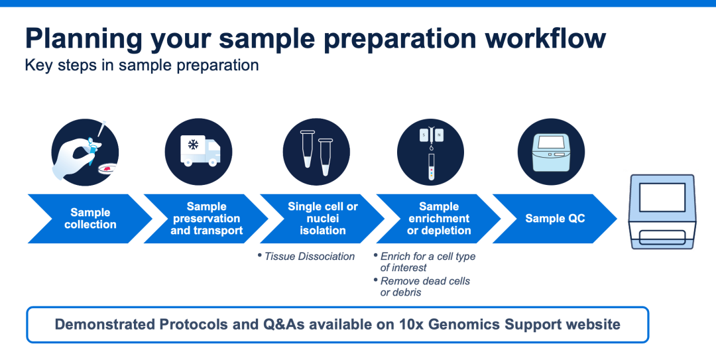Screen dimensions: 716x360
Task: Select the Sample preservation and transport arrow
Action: tap(206, 218)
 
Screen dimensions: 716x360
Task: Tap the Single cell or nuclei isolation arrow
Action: tap(322, 218)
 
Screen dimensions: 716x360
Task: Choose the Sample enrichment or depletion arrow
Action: tap(439, 218)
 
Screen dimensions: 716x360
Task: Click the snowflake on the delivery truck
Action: tap(194, 145)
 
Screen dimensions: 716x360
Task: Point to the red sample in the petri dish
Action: tap(107, 168)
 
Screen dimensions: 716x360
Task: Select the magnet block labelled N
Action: tap(440, 135)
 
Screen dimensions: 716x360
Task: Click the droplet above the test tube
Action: tap(431, 148)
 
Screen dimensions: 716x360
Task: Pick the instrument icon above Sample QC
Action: tap(551, 152)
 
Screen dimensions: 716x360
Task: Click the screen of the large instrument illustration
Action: tap(662, 197)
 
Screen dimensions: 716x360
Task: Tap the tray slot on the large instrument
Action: tap(662, 237)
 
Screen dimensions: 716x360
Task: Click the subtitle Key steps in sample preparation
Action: tap(142, 66)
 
